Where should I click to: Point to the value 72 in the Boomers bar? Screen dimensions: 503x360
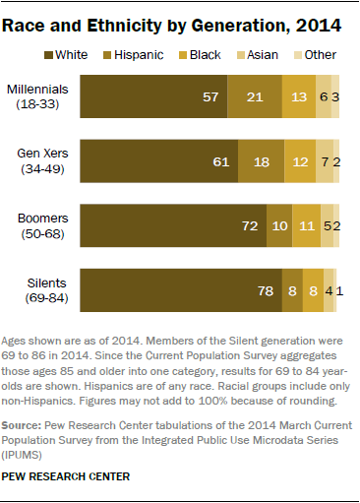250,226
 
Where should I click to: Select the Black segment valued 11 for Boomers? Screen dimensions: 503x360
307,226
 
